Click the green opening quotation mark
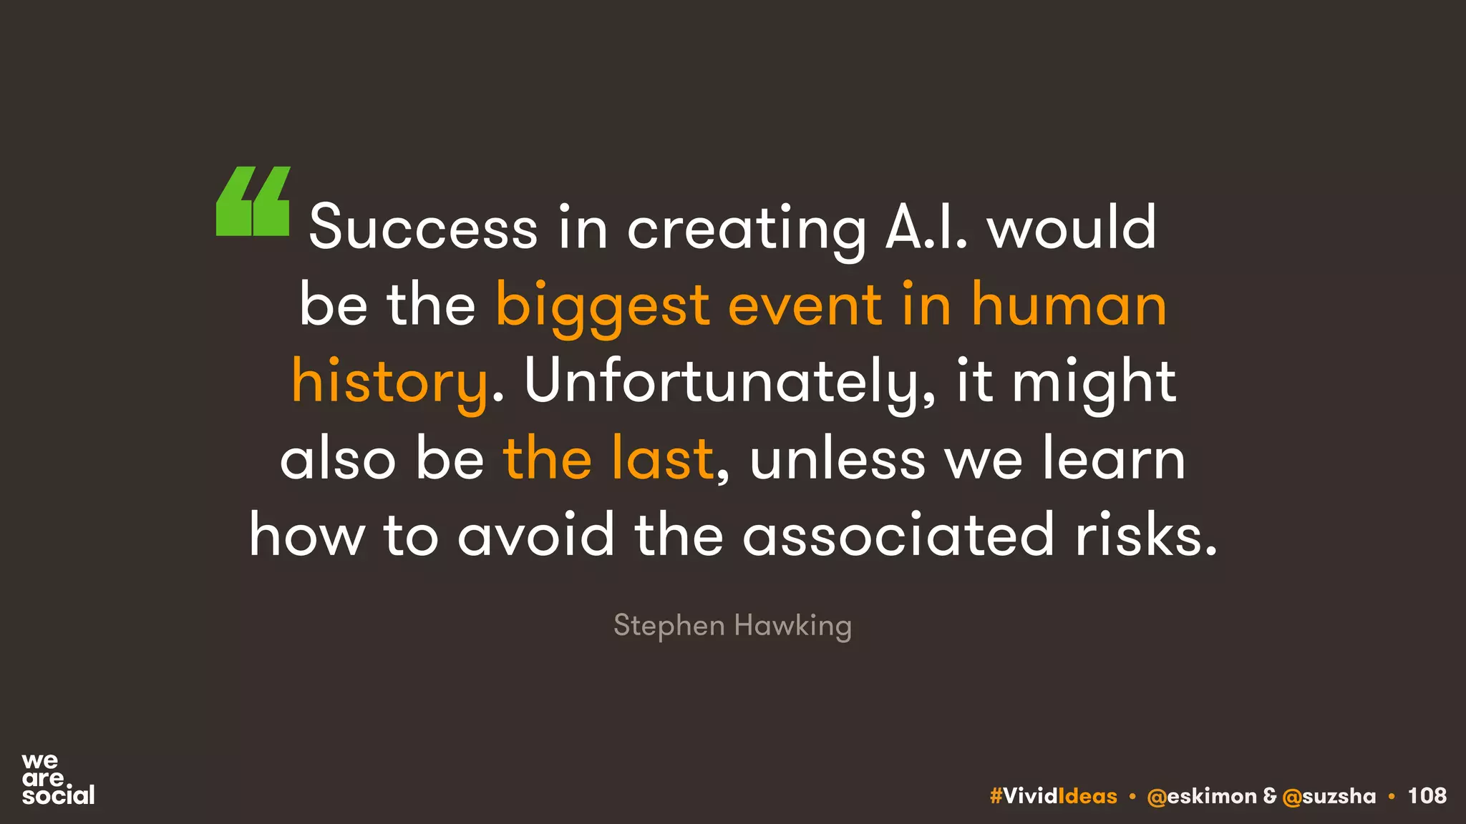(253, 201)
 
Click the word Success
(423, 227)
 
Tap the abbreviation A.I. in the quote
(926, 227)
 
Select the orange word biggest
(603, 306)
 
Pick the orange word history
(389, 383)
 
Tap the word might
(1094, 383)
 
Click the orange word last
(662, 458)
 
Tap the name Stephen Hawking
(732, 625)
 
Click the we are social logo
(57, 779)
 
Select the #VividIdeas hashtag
(1053, 796)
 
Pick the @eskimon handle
(1201, 796)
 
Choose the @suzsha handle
(1329, 796)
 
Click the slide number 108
(1427, 795)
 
